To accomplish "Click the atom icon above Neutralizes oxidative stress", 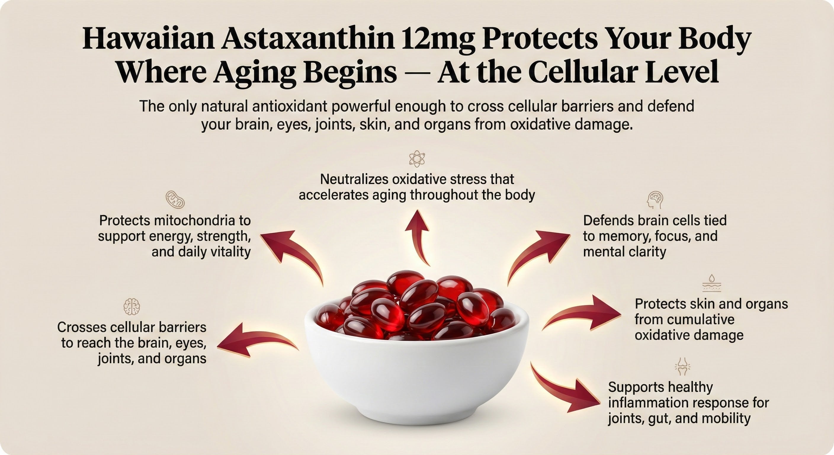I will click(417, 159).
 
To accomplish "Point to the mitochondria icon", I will click(175, 199).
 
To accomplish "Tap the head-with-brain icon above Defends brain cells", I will click(655, 200).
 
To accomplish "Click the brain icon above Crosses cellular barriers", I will click(132, 306).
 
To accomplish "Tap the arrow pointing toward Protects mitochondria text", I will click(291, 253).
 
